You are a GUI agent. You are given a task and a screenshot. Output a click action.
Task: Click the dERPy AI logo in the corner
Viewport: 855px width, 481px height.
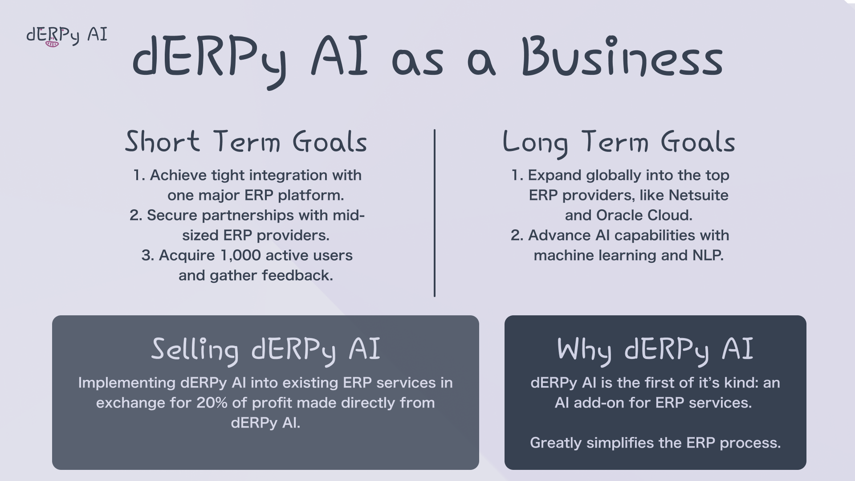coord(67,36)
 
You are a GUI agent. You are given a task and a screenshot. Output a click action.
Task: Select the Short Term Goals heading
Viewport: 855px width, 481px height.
coord(246,142)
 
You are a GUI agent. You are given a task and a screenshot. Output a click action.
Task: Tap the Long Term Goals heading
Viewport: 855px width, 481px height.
coord(619,142)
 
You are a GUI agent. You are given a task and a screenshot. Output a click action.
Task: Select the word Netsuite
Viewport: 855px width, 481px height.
coord(698,196)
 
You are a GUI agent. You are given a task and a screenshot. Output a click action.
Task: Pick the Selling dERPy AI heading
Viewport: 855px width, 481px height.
coord(266,349)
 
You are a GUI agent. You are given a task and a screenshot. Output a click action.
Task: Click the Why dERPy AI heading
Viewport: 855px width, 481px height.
coord(655,349)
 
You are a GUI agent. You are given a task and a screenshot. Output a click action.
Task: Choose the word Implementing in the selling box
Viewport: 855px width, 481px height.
coord(126,383)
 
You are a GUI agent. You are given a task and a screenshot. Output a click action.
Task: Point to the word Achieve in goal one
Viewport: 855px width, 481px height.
coord(178,175)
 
